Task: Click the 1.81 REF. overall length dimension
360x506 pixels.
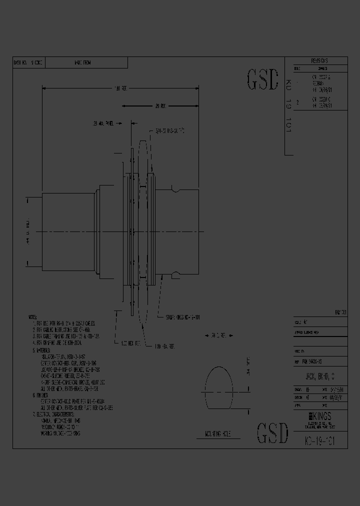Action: [121, 88]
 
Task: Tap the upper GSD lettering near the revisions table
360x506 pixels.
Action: [262, 79]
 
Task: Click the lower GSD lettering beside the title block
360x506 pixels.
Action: [272, 433]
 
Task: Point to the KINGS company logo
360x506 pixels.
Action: [320, 416]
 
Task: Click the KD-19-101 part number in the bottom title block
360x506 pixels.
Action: [320, 441]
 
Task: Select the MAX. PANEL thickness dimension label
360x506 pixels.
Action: [103, 122]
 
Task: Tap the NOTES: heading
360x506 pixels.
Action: [33, 317]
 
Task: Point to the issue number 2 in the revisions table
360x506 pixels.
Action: [298, 102]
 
